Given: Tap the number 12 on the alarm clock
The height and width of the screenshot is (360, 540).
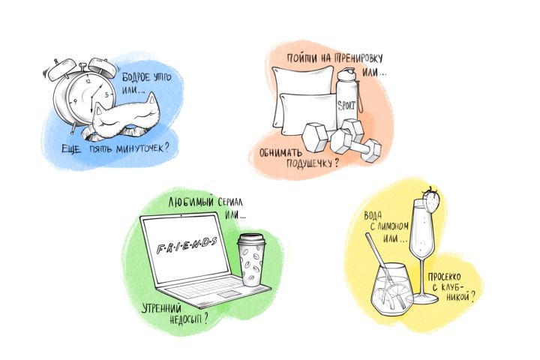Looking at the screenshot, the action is coord(88,81).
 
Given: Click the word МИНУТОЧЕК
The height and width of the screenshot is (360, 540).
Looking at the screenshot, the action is coord(139,148).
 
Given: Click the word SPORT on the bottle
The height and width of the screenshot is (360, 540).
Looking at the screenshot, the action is coord(346,105).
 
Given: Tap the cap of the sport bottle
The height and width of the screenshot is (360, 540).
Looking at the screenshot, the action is coord(346,74).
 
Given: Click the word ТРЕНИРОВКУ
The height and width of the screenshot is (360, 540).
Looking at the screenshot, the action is coord(358,58).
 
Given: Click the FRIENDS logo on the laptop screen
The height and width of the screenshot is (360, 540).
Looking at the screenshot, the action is coord(187,245).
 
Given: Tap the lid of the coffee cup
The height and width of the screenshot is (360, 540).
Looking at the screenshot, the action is coord(251,239).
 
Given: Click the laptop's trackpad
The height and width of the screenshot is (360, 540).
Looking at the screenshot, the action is coord(229,295).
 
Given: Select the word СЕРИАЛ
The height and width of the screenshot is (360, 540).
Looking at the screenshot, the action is coord(230,202).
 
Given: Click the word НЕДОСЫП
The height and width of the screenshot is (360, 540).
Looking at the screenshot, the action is coord(186,319).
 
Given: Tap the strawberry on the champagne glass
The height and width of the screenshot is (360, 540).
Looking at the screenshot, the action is coord(430,200).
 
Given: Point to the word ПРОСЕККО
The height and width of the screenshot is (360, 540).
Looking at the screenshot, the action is coord(444,277).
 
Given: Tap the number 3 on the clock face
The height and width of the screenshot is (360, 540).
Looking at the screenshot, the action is coord(107,94).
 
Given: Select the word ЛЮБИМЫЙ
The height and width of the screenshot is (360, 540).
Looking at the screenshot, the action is coord(190,202).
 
